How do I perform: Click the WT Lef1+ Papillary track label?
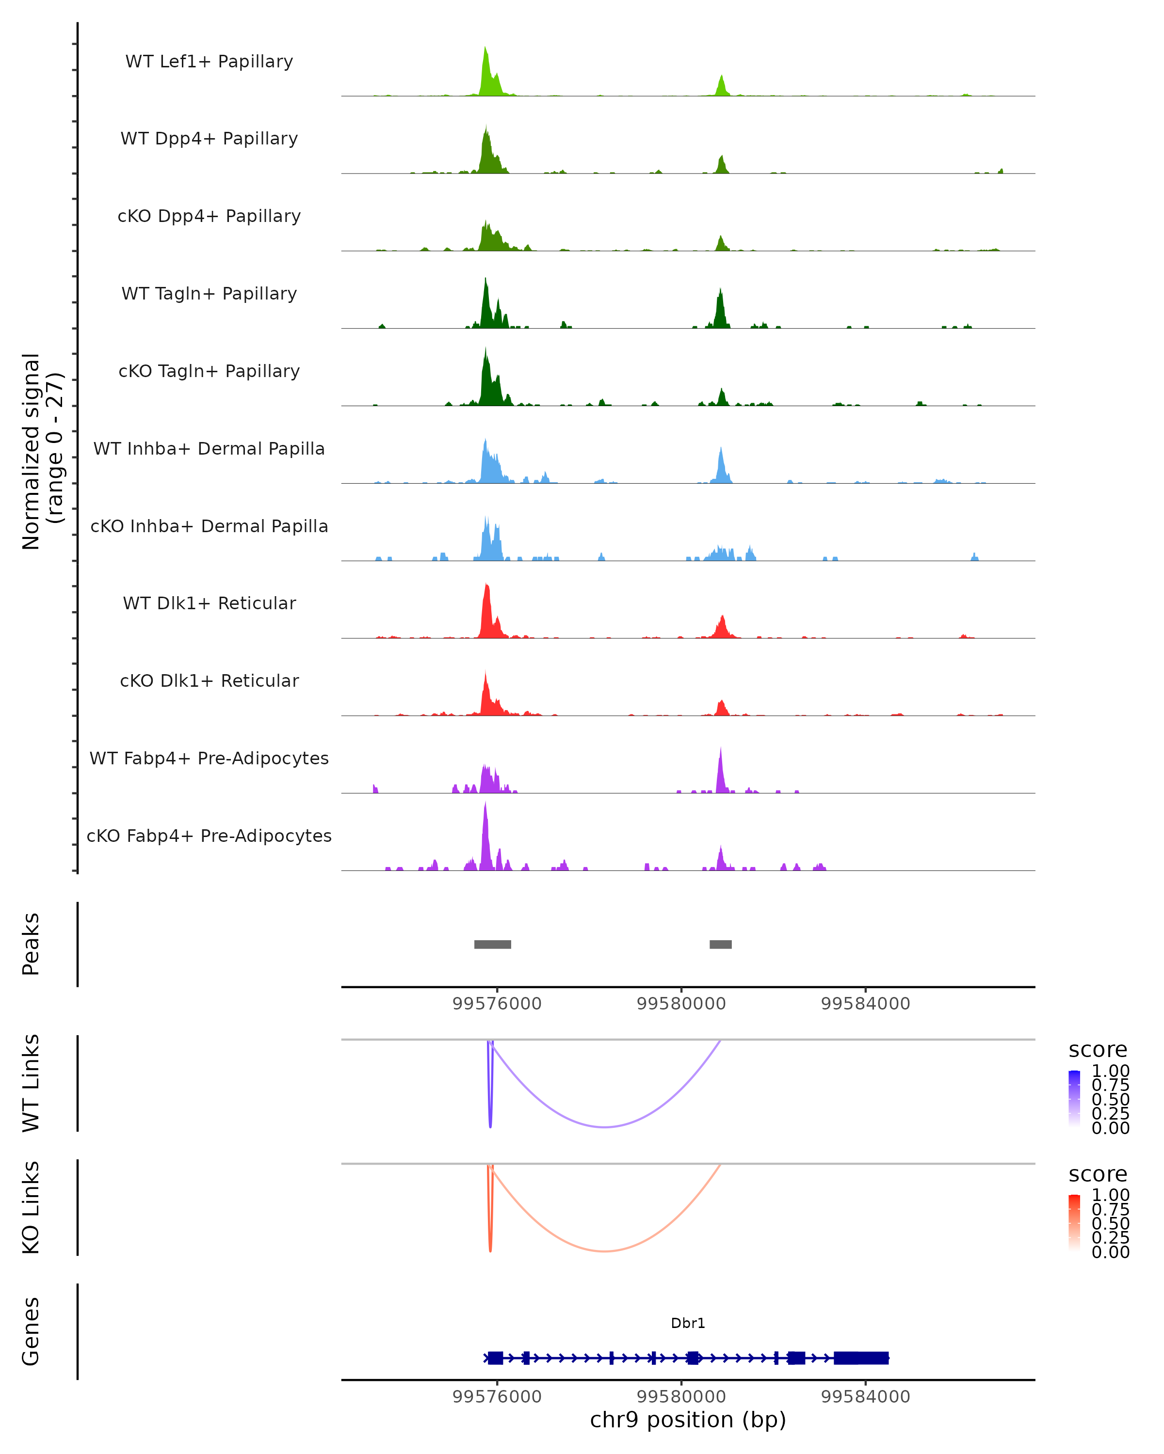(209, 62)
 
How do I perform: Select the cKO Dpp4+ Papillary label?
(209, 216)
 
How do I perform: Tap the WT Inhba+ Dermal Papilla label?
(209, 448)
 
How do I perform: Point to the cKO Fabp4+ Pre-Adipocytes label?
(209, 836)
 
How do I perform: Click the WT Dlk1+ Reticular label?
(209, 603)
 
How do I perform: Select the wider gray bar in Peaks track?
(493, 944)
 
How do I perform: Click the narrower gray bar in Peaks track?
(721, 944)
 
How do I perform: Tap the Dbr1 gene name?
(688, 1323)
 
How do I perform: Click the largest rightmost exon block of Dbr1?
(861, 1358)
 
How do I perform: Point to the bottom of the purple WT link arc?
(605, 1126)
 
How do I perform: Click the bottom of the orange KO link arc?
(605, 1251)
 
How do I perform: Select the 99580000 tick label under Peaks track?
(681, 1004)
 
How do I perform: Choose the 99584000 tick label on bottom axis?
(865, 1397)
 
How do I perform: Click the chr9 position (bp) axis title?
(688, 1420)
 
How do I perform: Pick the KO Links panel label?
(31, 1207)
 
